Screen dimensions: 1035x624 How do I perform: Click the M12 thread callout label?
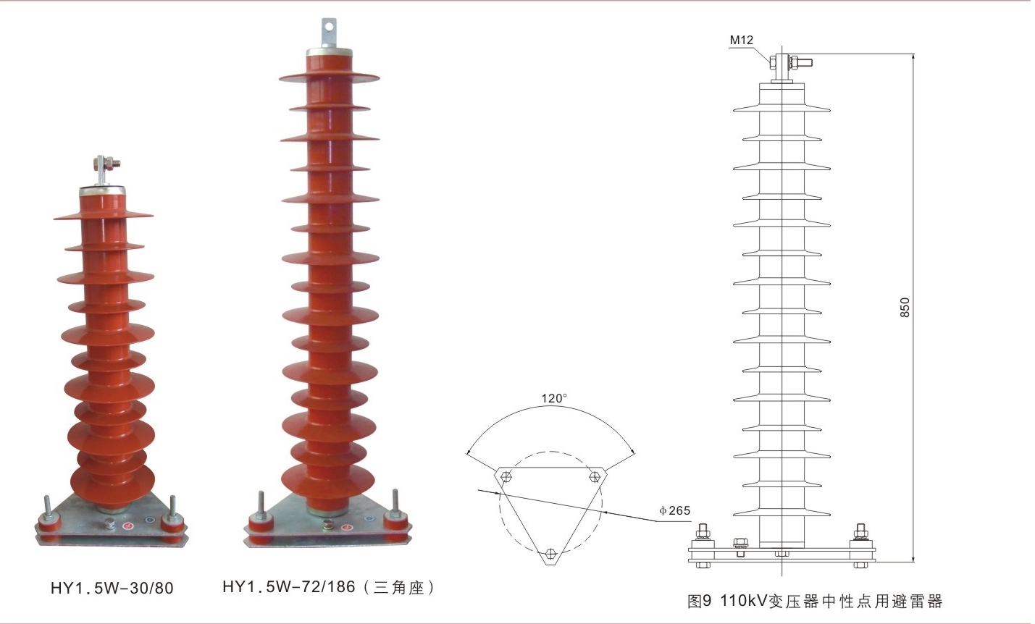pyautogui.click(x=741, y=41)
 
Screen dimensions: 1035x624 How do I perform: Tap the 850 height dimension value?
pyautogui.click(x=904, y=308)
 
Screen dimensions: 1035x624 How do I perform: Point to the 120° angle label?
pyautogui.click(x=554, y=398)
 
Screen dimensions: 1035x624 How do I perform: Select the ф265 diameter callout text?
pyautogui.click(x=674, y=510)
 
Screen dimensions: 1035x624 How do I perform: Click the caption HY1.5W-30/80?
pyautogui.click(x=112, y=588)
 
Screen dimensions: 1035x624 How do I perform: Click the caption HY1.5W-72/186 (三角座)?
pyautogui.click(x=329, y=587)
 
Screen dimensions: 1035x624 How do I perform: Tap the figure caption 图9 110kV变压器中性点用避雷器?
pyautogui.click(x=815, y=601)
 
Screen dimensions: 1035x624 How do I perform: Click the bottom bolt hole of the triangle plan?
pyautogui.click(x=550, y=553)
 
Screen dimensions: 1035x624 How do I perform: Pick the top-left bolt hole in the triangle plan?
pyautogui.click(x=506, y=476)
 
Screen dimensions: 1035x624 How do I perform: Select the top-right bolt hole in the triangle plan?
pyautogui.click(x=595, y=476)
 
